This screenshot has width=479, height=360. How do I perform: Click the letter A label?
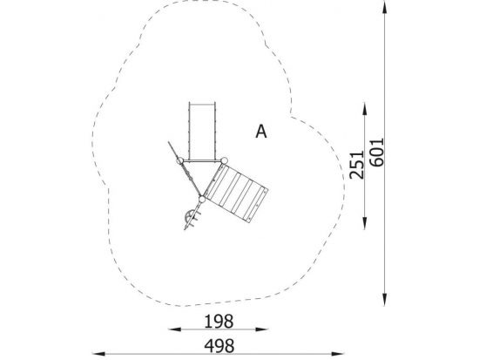point(261,132)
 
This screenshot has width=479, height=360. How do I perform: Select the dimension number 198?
point(219,322)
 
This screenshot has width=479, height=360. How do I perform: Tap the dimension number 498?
point(219,346)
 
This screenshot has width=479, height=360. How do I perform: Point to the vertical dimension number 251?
point(357,165)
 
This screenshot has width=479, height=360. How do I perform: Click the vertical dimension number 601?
point(376,153)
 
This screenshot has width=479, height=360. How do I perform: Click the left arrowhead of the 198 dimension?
point(174,329)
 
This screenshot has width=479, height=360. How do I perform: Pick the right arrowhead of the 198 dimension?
point(262,329)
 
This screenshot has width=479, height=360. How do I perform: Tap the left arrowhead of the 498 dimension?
point(98,354)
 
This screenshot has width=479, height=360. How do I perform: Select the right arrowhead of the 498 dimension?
point(338,354)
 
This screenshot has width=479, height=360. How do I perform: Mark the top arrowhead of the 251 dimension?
point(364,109)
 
